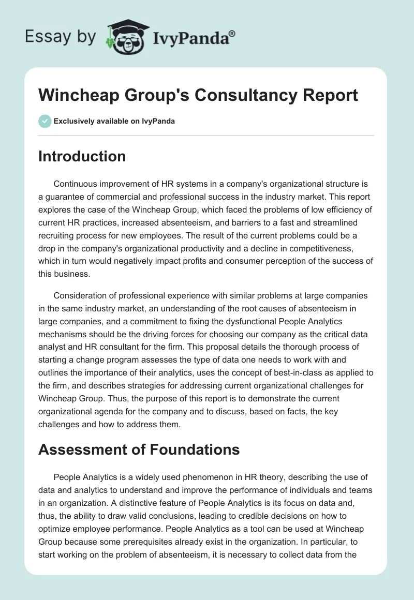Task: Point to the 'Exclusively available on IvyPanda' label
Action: tap(114, 121)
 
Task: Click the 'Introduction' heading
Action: tap(82, 156)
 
